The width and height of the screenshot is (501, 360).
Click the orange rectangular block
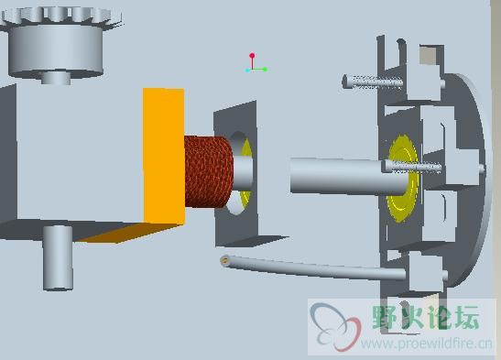(164, 156)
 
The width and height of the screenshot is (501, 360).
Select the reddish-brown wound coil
(208, 172)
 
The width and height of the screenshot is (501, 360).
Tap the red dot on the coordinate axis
(252, 56)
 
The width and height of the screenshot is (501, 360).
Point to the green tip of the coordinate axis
(265, 70)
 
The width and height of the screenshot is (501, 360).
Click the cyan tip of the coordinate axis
(247, 70)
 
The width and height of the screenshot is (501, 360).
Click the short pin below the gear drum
(56, 78)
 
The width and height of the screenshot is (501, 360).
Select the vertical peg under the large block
(58, 257)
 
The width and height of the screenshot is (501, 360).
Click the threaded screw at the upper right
(373, 82)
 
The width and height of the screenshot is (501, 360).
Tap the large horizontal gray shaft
(349, 176)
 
